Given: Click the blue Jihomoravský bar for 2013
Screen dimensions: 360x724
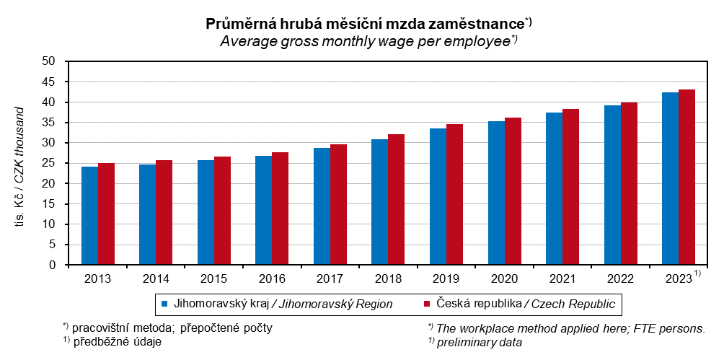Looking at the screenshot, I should [89, 216].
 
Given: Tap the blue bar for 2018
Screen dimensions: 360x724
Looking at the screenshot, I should [380, 202].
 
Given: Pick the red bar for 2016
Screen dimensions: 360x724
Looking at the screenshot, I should [281, 208].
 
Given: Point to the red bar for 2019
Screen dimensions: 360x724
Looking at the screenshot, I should [454, 195].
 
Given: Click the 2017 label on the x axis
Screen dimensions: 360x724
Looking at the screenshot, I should [329, 278].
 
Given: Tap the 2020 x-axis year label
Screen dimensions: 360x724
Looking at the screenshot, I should [503, 278].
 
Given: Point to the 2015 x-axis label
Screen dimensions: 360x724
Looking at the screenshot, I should [213, 278].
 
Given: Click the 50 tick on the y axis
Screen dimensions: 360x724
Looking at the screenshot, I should [49, 61].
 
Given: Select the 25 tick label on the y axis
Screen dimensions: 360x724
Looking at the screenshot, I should [49, 163].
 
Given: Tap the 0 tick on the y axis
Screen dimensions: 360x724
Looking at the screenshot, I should [53, 265].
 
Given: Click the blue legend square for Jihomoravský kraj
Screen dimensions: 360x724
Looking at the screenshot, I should [164, 304].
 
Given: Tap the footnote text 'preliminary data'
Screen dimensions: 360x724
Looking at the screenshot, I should [480, 343].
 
